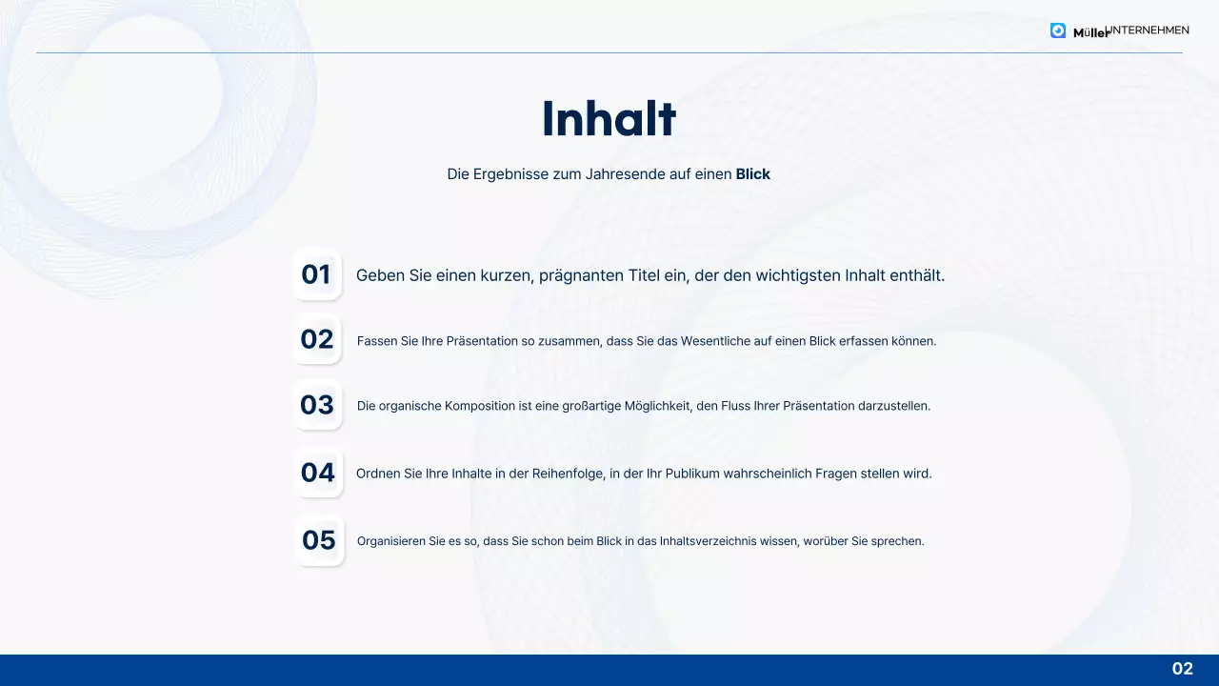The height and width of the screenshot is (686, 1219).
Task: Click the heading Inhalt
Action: (609, 120)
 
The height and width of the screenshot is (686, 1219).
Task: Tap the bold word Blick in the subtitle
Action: (752, 174)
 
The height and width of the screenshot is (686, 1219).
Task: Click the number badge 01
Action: (316, 274)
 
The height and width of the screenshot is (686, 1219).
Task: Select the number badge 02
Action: (317, 339)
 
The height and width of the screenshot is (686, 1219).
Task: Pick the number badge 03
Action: (317, 405)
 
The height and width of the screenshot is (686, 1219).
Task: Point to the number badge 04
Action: (318, 473)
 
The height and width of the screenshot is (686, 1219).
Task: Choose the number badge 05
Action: (319, 540)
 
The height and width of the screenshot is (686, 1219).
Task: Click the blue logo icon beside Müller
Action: (1058, 30)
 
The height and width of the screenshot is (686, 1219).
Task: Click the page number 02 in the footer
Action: (1182, 669)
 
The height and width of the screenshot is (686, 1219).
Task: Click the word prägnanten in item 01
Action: (581, 275)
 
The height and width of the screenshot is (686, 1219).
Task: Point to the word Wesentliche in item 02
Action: (716, 341)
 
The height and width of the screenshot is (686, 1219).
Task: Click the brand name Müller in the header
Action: (1089, 32)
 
